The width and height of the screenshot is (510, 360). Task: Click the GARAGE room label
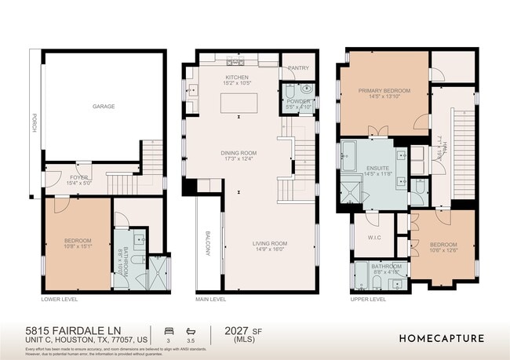(x=104, y=106)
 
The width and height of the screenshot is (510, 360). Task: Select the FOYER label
(x=79, y=178)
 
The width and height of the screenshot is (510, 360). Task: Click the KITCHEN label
(x=236, y=78)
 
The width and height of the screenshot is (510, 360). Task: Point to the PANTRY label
(x=299, y=68)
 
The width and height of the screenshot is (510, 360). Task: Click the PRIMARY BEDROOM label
(x=384, y=91)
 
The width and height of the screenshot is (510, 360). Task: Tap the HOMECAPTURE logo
(x=442, y=339)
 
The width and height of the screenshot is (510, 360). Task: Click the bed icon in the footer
(x=167, y=329)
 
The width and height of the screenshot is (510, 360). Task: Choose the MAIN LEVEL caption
(x=211, y=300)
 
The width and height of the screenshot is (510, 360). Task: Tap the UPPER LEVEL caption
(x=368, y=300)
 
